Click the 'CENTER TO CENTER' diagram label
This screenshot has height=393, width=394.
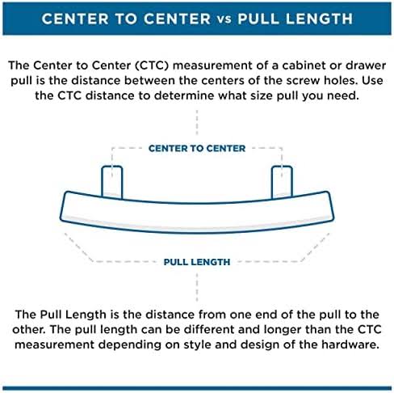pyautogui.click(x=197, y=149)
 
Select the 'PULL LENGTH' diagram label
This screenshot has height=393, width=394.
pyautogui.click(x=197, y=262)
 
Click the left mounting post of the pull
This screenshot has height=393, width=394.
pyautogui.click(x=112, y=182)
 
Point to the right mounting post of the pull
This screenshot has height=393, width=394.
pyautogui.click(x=282, y=182)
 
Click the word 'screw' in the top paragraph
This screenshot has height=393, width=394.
pyautogui.click(x=303, y=81)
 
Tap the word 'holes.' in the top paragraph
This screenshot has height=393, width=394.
pyautogui.click(x=341, y=81)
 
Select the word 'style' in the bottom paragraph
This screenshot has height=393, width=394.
pyautogui.click(x=198, y=345)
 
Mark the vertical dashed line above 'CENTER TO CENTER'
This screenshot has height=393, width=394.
pyautogui.click(x=197, y=122)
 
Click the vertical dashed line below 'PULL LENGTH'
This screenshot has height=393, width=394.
pyautogui.click(x=197, y=287)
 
